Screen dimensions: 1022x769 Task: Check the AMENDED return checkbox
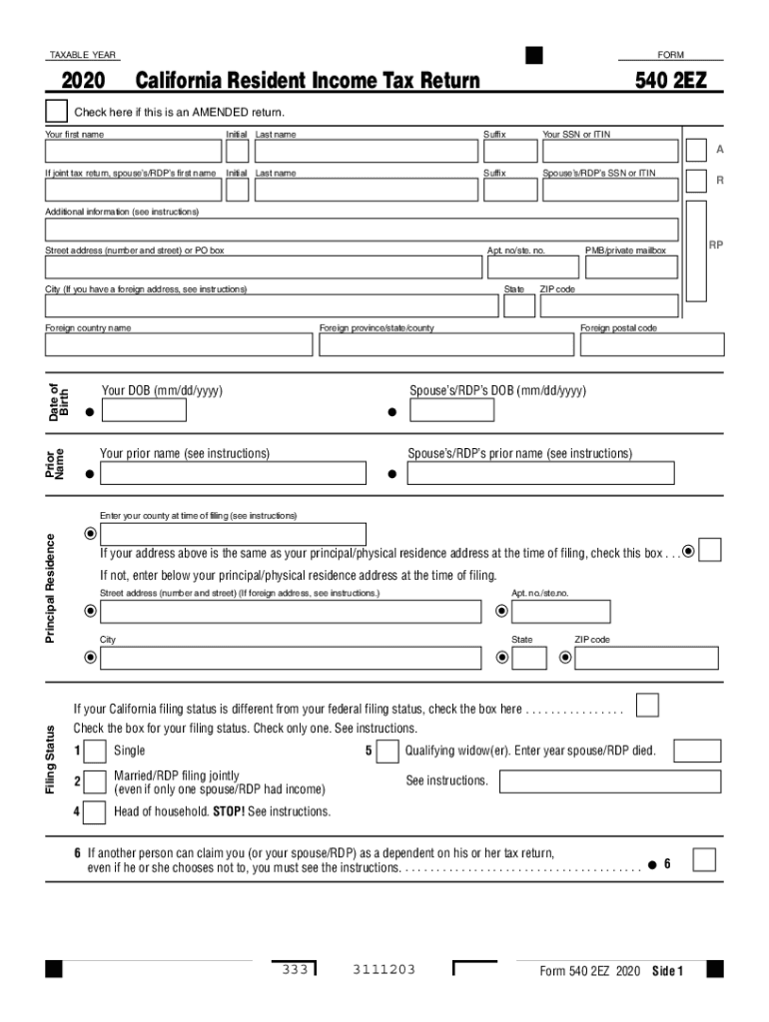tap(56, 112)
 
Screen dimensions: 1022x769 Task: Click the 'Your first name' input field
tap(133, 151)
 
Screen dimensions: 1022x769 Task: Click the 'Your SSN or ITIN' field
tap(609, 151)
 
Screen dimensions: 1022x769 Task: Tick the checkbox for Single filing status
tap(94, 752)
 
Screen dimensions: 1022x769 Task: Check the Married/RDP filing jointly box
tap(94, 781)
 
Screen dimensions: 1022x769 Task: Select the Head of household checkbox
tap(94, 812)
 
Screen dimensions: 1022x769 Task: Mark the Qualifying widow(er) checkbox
tap(387, 752)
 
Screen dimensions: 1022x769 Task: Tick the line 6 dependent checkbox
tap(704, 860)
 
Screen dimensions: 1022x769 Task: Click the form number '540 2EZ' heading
tap(670, 80)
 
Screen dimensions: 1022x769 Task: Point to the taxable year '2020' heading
tap(83, 81)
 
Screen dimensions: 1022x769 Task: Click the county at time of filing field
tap(233, 534)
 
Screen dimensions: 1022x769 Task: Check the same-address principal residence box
tap(710, 550)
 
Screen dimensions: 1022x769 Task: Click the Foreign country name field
tap(179, 344)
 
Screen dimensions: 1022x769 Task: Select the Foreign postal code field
tap(651, 344)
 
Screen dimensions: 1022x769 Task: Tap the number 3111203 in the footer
tap(384, 970)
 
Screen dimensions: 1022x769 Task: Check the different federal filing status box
tap(647, 706)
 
